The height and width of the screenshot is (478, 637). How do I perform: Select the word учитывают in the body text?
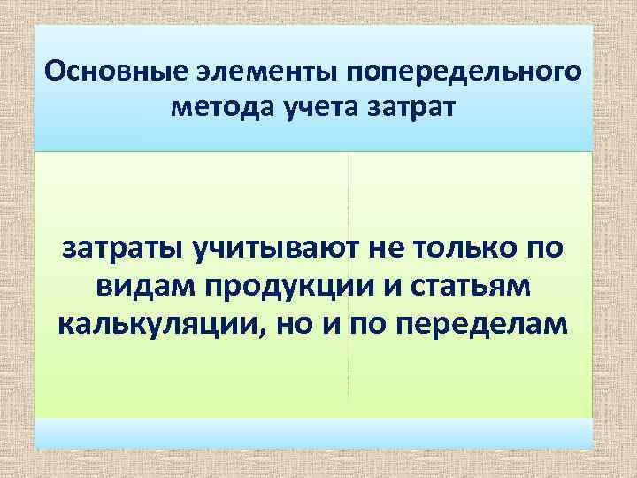click(x=273, y=249)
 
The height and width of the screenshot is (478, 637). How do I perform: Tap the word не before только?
click(x=384, y=249)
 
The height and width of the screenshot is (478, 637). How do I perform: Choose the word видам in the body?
click(x=142, y=287)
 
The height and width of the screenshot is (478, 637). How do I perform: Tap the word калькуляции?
click(x=162, y=325)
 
